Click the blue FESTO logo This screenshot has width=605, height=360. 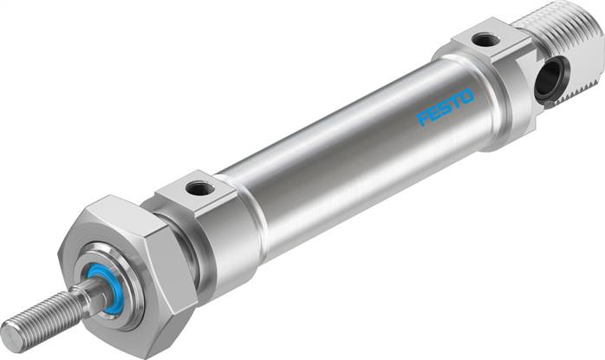(445, 108)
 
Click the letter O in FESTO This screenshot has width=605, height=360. (466, 97)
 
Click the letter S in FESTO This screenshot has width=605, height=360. (445, 108)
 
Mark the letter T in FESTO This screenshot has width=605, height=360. (455, 102)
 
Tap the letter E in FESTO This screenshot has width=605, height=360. (434, 113)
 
